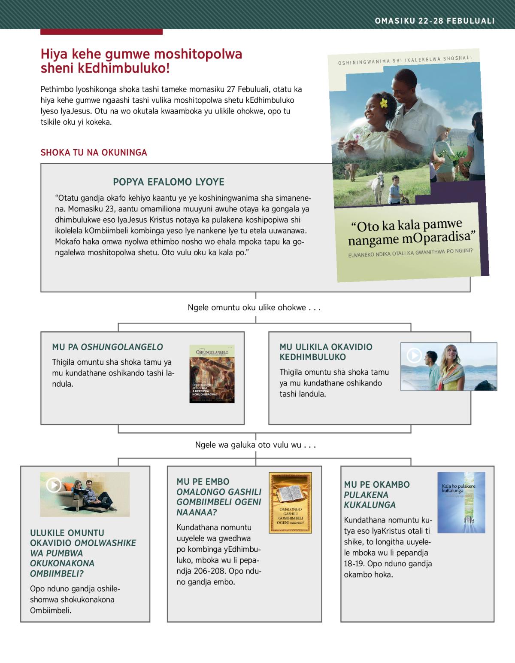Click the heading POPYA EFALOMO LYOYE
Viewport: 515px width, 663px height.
169,182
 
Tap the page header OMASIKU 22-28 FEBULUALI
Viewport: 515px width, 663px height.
435,21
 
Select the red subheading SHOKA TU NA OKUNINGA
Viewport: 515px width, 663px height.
94,153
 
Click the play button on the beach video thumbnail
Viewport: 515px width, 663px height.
414,355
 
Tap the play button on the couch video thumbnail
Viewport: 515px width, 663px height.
53,485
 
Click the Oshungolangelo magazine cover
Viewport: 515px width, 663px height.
212,374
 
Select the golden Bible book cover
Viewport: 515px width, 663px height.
290,503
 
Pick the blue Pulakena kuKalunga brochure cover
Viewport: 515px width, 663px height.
461,502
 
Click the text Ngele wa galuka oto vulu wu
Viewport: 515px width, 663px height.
255,445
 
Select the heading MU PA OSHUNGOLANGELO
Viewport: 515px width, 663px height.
107,347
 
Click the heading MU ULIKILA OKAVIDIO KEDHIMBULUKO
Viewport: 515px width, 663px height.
326,352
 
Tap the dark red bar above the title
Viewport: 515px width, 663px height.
101,32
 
